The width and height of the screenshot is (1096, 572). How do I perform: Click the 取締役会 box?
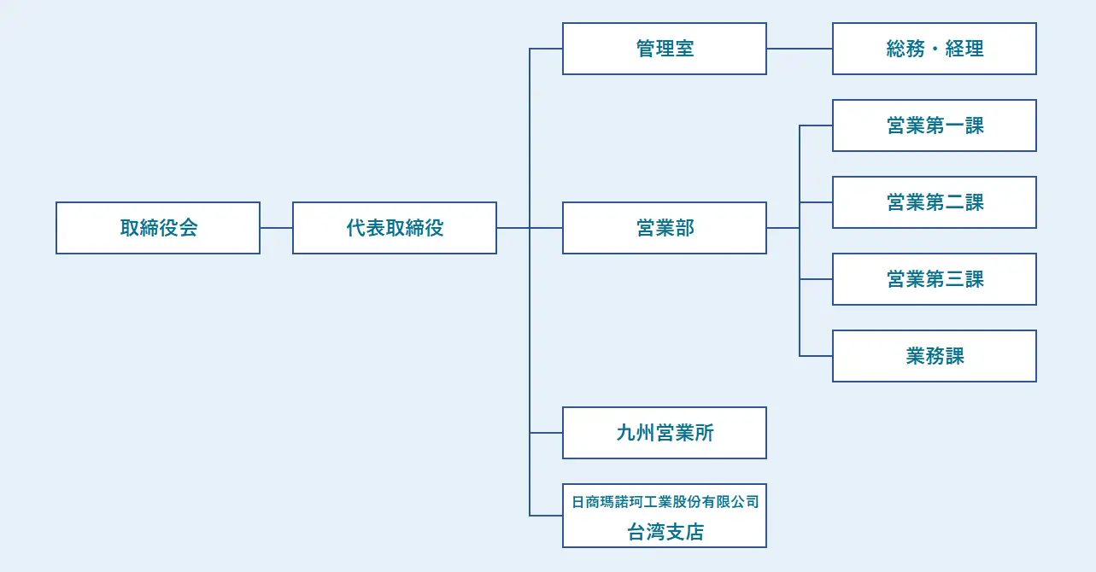tap(158, 228)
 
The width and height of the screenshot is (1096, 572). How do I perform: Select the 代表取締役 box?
tap(394, 228)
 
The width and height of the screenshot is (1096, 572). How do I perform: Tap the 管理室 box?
tap(664, 49)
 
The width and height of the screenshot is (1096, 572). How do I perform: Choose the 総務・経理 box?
tap(934, 49)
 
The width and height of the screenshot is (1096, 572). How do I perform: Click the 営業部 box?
tap(664, 228)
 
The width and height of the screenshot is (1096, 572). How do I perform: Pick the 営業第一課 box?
tap(934, 125)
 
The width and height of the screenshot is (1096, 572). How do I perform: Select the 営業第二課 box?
tap(934, 202)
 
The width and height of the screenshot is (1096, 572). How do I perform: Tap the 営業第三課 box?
tap(934, 279)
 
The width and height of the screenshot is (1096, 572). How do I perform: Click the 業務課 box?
tap(934, 356)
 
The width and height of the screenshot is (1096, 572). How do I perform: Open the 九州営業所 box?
tap(664, 433)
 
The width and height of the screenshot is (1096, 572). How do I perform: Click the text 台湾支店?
tap(665, 533)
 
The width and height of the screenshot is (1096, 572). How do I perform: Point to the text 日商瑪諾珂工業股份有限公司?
tap(665, 502)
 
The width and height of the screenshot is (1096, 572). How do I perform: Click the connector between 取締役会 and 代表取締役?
tap(276, 228)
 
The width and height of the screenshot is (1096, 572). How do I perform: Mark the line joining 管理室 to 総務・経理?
tap(799, 49)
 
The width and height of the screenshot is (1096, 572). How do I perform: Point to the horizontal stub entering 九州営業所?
tap(546, 433)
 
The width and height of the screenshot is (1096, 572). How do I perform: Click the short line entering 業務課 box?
tap(816, 356)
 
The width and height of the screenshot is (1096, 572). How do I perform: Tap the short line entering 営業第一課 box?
tap(816, 125)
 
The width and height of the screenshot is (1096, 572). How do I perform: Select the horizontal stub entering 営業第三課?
tap(816, 279)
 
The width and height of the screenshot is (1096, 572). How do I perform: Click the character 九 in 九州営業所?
tap(625, 433)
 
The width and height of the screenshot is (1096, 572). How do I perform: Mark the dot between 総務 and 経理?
tap(935, 50)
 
